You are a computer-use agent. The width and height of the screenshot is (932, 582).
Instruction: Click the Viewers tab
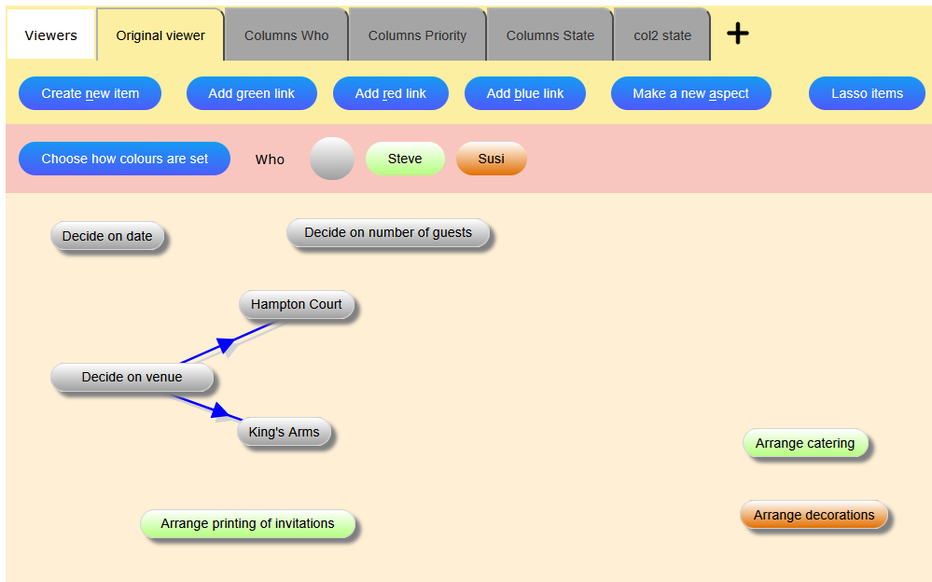[x=51, y=35]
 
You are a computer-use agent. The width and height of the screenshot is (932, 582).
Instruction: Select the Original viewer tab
[x=160, y=35]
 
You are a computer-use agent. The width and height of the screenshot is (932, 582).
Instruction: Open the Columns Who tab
[x=286, y=35]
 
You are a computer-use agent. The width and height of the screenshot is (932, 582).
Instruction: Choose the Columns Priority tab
[x=417, y=35]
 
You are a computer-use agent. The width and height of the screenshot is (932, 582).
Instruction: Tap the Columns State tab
[x=549, y=35]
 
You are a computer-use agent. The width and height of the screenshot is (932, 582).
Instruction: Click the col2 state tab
[x=662, y=35]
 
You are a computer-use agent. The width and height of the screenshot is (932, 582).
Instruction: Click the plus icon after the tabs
[x=738, y=34]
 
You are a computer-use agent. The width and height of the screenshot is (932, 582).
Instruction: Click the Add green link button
[x=251, y=93]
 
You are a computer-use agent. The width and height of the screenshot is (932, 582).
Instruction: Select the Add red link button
[x=390, y=93]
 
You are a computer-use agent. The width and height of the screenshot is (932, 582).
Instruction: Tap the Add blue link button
[x=525, y=93]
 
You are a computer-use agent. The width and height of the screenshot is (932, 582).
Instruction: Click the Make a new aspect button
[x=690, y=93]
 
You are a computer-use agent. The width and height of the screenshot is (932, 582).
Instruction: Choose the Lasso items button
[x=867, y=93]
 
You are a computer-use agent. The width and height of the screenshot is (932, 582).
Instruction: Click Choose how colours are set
[x=124, y=159]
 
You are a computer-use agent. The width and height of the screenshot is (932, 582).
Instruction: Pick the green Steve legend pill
[x=405, y=159]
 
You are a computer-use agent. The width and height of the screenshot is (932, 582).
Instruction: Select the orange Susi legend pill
[x=491, y=159]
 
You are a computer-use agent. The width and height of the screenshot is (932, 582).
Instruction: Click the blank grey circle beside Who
[x=331, y=159]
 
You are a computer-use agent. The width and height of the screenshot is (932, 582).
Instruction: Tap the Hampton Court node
[x=297, y=304]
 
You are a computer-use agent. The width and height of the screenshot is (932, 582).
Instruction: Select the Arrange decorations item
[x=814, y=515]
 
